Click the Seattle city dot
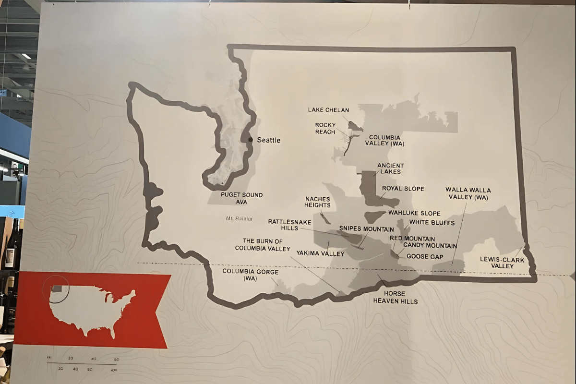(x=250, y=140)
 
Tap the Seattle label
(x=269, y=140)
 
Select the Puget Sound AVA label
(x=242, y=198)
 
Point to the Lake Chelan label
(x=328, y=110)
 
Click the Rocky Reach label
(x=325, y=128)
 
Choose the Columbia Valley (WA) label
(x=384, y=140)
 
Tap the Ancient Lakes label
(x=390, y=168)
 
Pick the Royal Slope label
(x=403, y=189)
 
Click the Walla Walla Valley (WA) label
(x=468, y=193)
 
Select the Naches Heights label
(x=318, y=202)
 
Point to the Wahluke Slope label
(x=414, y=213)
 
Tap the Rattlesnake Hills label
(x=290, y=225)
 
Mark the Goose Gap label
(x=425, y=257)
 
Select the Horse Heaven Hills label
(x=396, y=297)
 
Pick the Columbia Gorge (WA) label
(x=243, y=275)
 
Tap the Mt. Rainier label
(x=239, y=219)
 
